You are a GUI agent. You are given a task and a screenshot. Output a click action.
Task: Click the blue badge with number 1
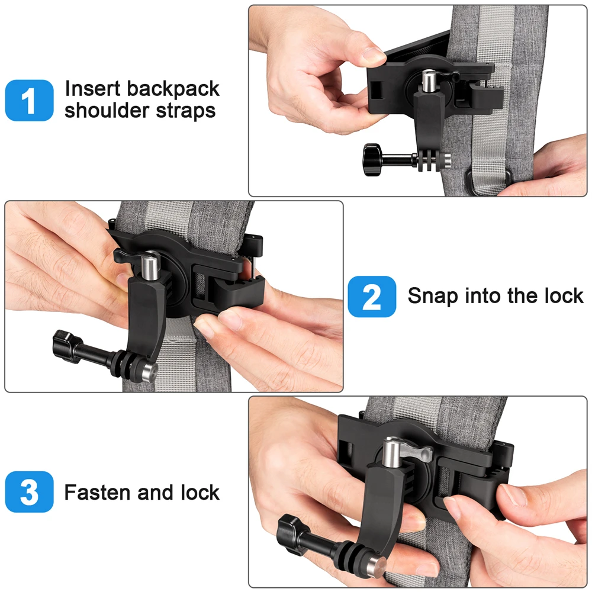(30, 101)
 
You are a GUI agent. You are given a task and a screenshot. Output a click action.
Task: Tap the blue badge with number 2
(372, 297)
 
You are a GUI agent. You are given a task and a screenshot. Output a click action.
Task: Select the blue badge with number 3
(30, 491)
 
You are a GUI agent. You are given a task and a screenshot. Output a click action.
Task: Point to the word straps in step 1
(185, 111)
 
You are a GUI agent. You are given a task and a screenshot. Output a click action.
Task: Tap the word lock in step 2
(564, 295)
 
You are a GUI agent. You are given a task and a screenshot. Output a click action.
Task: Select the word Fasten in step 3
(98, 493)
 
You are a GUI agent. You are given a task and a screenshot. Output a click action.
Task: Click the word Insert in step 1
(93, 89)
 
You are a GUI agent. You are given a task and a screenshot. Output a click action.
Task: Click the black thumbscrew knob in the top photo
(372, 160)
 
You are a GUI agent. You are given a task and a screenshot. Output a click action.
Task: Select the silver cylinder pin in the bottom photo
(391, 453)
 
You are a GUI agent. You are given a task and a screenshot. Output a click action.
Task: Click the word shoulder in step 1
(107, 110)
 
